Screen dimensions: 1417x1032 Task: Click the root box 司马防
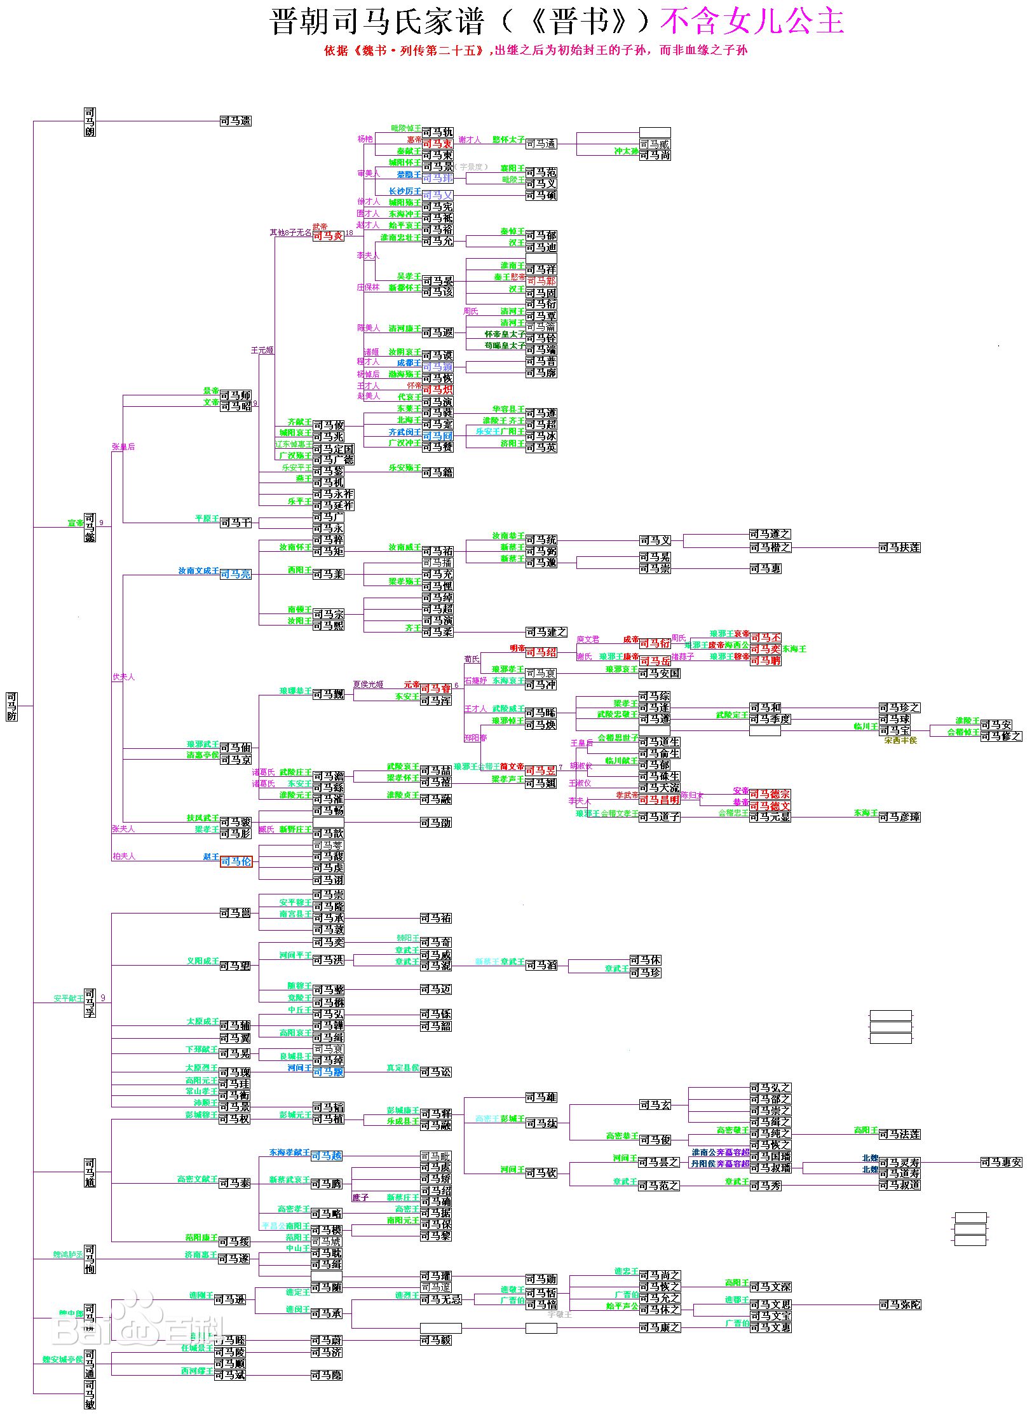click(11, 706)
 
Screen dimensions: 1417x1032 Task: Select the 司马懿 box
click(90, 527)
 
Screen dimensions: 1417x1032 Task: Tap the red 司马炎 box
click(328, 236)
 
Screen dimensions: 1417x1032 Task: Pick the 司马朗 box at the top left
click(90, 121)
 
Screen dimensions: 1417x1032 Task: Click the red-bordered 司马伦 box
click(236, 861)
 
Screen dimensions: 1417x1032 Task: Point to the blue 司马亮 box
click(236, 574)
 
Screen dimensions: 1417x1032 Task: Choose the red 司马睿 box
click(436, 688)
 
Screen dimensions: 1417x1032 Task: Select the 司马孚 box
click(90, 1003)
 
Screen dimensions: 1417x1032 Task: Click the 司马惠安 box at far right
click(1001, 1162)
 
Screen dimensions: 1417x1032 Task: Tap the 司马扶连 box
click(899, 547)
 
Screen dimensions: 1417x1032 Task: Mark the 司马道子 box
click(659, 817)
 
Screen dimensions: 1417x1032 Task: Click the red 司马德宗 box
click(770, 794)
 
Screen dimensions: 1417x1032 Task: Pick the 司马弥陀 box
click(900, 1304)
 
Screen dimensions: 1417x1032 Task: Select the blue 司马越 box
click(327, 1155)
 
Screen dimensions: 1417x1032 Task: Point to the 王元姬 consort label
click(262, 350)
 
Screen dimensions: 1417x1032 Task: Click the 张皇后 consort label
click(123, 447)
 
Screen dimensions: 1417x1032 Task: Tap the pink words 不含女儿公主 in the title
click(752, 22)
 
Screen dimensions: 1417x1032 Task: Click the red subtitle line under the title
click(535, 50)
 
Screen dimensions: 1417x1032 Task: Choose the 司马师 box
click(236, 395)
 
